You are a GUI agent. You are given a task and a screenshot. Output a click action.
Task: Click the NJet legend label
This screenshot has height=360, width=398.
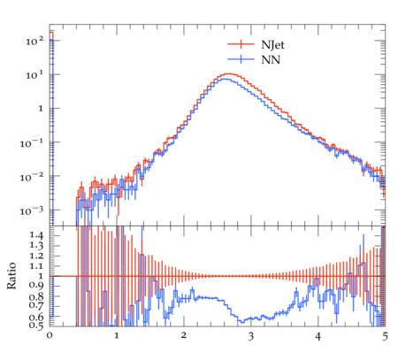pos(272,45)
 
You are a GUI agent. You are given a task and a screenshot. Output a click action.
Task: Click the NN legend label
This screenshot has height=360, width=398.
pos(271,60)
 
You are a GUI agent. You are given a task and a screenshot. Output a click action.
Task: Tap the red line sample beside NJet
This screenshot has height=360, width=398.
pos(241,44)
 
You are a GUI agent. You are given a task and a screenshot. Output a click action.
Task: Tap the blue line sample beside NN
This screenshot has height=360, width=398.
pos(241,59)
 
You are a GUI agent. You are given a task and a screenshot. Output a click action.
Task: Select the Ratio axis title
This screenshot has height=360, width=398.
pos(11,275)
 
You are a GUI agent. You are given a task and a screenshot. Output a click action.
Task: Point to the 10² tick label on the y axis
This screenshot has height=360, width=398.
pos(34,41)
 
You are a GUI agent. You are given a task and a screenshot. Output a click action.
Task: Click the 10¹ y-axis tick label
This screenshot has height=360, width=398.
pos(34,75)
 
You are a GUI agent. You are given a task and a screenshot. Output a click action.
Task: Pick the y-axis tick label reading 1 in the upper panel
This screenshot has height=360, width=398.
pos(41,109)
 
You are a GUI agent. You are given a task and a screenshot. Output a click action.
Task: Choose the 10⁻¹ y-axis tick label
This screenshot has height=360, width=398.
pos(31,143)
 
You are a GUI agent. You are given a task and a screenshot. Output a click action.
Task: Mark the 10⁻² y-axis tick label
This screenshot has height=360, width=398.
pos(31,177)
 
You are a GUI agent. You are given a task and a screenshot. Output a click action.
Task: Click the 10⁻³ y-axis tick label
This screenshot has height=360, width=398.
pos(31,211)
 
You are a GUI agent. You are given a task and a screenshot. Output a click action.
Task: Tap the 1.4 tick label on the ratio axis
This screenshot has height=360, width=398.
pos(36,235)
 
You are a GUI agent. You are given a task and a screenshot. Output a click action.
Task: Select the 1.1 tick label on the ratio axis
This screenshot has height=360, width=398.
pos(36,266)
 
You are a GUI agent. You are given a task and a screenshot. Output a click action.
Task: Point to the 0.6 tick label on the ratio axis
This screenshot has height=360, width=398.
pos(36,318)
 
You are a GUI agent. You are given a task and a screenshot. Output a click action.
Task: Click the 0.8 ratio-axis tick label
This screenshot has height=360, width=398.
pos(36,296)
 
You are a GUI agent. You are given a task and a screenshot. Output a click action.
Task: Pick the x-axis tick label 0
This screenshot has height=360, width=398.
pos(50,335)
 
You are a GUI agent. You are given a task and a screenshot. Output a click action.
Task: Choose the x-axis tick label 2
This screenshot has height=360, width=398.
pos(184,335)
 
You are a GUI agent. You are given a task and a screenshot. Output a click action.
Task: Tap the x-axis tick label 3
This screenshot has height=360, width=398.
pos(250,336)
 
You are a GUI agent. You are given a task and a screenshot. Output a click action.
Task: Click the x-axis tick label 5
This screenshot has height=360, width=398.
pos(385,336)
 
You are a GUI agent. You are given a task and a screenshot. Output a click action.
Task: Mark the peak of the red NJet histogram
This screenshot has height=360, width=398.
pos(229,73)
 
